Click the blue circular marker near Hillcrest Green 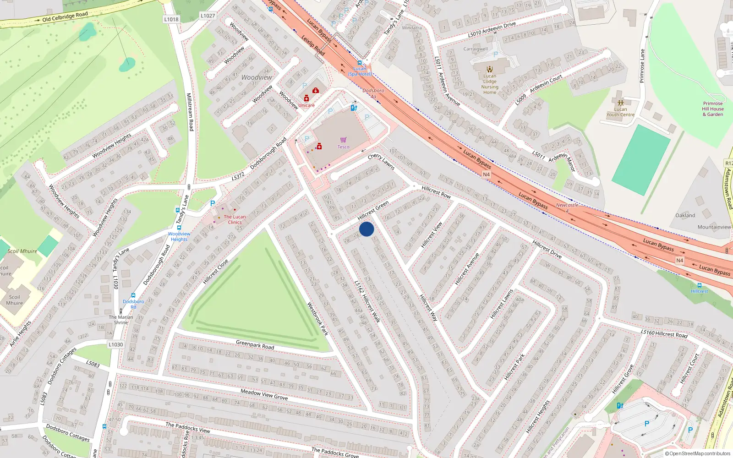pos(366,229)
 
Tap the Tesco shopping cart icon pos(343,140)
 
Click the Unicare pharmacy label pos(306,105)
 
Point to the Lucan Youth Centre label pos(620,112)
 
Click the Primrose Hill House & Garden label pos(713,109)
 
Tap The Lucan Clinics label pos(235,219)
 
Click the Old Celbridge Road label pos(65,17)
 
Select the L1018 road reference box pos(171,19)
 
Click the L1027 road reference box pos(208,16)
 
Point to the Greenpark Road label pos(255,345)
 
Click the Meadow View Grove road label pos(264,394)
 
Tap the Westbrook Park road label pos(317,319)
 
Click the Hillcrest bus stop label pos(699,291)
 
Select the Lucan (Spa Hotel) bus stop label pos(360,71)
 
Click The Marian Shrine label pos(121,320)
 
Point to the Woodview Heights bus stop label pos(179,236)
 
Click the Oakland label pos(685,215)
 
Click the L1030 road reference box pos(116,344)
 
